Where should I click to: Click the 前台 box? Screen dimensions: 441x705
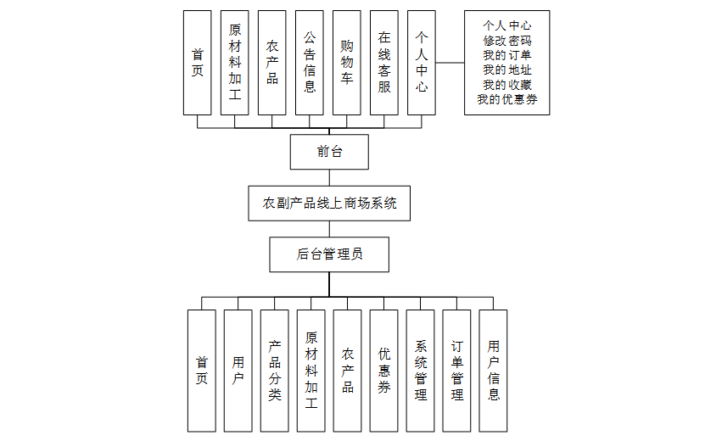[329, 152]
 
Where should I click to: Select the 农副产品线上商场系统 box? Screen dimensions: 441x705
[329, 204]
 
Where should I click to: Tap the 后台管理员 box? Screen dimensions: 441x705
[329, 254]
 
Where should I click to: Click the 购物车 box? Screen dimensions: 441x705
[347, 63]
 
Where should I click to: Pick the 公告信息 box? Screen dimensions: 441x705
[310, 63]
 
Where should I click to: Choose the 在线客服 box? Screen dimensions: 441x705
[384, 63]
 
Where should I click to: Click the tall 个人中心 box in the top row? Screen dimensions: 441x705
[422, 63]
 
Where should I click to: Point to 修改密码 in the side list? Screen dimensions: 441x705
[507, 40]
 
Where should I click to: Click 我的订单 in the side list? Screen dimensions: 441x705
[507, 55]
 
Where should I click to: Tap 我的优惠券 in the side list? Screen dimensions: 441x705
[507, 100]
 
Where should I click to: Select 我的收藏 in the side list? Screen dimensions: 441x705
[507, 85]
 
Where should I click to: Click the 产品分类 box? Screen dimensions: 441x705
[275, 371]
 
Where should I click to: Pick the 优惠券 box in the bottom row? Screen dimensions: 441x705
[384, 371]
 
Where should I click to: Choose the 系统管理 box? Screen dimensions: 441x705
[421, 371]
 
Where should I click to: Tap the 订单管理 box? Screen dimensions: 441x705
[457, 371]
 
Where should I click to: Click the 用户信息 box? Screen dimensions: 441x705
[494, 371]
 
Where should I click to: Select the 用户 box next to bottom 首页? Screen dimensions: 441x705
[238, 371]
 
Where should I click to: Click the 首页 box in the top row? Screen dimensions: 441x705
[198, 63]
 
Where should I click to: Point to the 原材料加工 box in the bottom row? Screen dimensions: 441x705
[311, 371]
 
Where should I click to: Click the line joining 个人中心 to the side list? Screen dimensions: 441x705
[450, 63]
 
